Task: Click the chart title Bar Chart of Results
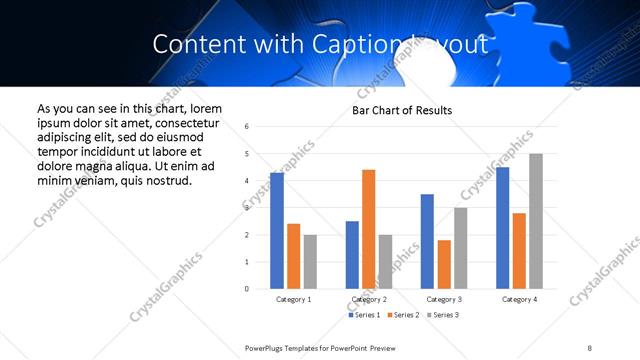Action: pyautogui.click(x=401, y=110)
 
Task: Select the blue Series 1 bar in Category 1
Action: pyautogui.click(x=277, y=231)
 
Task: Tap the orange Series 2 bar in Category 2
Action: pyautogui.click(x=368, y=229)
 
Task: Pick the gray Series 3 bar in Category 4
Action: pyautogui.click(x=536, y=221)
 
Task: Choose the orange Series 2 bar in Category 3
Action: pyautogui.click(x=444, y=264)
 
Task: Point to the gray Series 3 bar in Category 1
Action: pyautogui.click(x=310, y=262)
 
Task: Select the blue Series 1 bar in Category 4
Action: pyautogui.click(x=502, y=228)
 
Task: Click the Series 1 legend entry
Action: pyautogui.click(x=364, y=315)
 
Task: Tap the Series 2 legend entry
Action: pyautogui.click(x=402, y=315)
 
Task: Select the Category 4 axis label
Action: pyautogui.click(x=519, y=299)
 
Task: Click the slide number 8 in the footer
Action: pyautogui.click(x=590, y=347)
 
